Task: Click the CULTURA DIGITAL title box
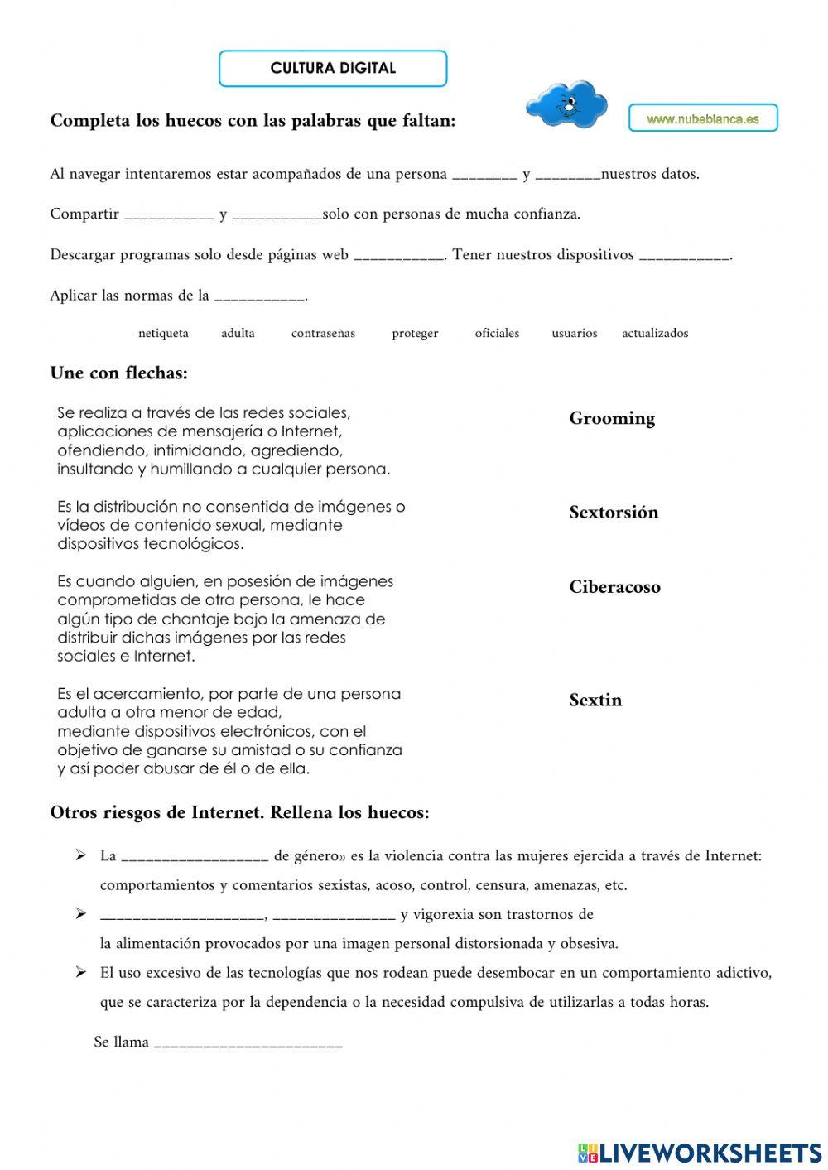point(333,69)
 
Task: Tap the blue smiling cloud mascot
point(566,105)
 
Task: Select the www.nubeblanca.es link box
point(703,118)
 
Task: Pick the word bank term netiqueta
point(163,334)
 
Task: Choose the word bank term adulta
point(238,334)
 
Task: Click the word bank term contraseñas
point(323,334)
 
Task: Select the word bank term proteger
point(415,334)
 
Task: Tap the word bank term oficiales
point(497,334)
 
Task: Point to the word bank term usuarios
point(574,334)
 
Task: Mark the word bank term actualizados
point(655,334)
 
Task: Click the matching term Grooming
point(612,419)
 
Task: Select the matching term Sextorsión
point(614,513)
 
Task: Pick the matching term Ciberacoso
point(614,587)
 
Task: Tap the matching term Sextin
point(595,701)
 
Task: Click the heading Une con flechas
point(119,373)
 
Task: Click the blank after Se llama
point(248,1043)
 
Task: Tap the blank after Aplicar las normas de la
point(260,296)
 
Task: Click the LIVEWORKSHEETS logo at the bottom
point(700,1152)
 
